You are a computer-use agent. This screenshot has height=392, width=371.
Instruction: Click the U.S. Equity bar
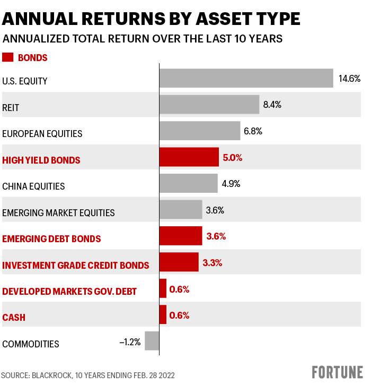coord(246,78)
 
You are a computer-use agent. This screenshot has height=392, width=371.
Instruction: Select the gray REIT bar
coord(209,105)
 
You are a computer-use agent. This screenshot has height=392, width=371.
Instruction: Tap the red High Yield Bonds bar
coord(189,157)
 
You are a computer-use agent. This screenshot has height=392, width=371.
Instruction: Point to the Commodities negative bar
coord(152,341)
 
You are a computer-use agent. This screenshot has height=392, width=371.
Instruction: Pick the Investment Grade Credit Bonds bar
coord(179,262)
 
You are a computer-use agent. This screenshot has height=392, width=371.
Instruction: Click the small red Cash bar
coord(163,314)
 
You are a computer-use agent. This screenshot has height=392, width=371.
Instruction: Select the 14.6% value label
coord(349,79)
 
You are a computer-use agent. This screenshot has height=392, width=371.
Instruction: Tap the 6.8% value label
coord(253,131)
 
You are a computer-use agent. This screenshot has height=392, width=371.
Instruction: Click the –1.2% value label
coord(130,342)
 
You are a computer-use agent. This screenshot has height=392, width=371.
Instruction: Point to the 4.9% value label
coord(231,184)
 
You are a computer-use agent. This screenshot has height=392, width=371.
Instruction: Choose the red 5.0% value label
coord(233,158)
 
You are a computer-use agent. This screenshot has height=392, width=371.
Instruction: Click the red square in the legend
coord(7,57)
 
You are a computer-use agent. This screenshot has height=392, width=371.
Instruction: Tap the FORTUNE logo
coord(337,372)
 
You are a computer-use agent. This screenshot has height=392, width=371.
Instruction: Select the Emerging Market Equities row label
coord(58,213)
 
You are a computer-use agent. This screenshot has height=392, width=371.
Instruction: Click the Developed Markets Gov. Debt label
coord(69,291)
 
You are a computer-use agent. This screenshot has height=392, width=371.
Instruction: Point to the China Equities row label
coord(33,186)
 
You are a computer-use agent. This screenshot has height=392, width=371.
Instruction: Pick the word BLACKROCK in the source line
coord(51,375)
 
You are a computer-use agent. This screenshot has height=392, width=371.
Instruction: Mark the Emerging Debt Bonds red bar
coord(181,236)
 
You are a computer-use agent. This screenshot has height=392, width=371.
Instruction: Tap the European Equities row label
coord(42,134)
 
